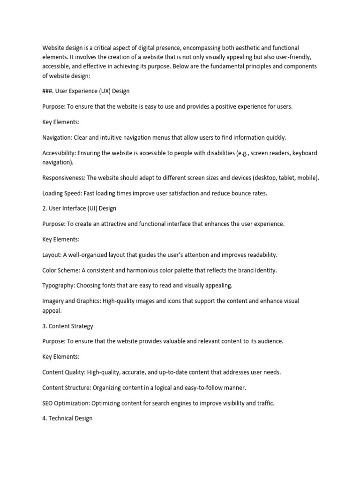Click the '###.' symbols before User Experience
(48, 91)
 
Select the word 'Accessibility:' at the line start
(59, 153)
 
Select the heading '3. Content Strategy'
(68, 326)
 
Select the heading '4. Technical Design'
(67, 418)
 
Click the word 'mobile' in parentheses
(307, 178)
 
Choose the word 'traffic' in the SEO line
(264, 403)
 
